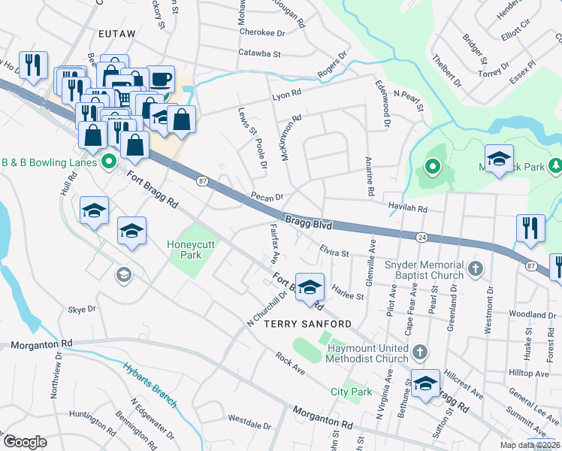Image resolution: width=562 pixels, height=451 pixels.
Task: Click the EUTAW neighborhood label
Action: (116, 34)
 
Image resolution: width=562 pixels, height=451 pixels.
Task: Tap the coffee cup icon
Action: (160, 79)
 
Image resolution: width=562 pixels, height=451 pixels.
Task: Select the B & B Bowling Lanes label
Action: (48, 162)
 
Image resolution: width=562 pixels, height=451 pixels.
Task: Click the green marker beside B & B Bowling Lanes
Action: (108, 162)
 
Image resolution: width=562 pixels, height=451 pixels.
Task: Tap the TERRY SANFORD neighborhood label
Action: (307, 323)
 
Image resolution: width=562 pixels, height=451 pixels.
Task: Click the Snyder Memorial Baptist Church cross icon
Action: (475, 268)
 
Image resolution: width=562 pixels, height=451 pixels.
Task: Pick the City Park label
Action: (351, 392)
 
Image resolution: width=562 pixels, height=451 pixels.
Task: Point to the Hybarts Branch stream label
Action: (150, 384)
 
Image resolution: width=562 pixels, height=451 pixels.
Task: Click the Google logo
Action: (25, 442)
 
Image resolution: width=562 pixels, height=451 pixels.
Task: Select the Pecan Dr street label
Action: (267, 197)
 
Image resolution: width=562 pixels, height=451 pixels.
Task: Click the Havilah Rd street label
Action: (407, 207)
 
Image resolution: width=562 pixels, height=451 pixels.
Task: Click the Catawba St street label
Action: (259, 54)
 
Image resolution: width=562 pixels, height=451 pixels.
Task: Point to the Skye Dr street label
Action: (82, 309)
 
